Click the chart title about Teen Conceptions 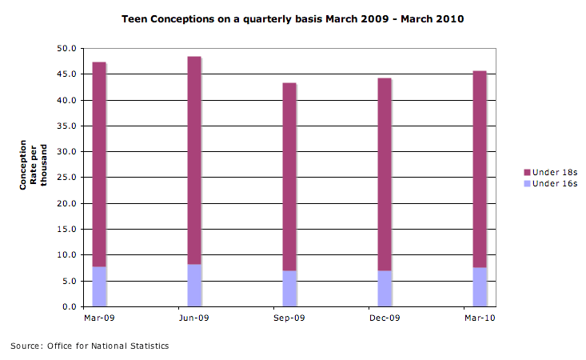[x=293, y=18]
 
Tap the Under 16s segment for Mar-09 [x=99, y=286]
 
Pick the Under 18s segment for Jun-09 [x=194, y=160]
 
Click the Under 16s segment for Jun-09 [x=194, y=286]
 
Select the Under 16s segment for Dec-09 [x=385, y=289]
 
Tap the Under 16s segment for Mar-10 [x=480, y=287]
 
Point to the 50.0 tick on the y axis [x=66, y=49]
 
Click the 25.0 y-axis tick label [x=66, y=178]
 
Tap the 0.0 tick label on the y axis [x=69, y=307]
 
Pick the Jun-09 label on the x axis [x=194, y=318]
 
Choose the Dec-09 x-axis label [x=385, y=318]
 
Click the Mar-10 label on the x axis [x=480, y=318]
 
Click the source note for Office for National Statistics [x=90, y=346]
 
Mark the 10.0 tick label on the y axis [x=66, y=255]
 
